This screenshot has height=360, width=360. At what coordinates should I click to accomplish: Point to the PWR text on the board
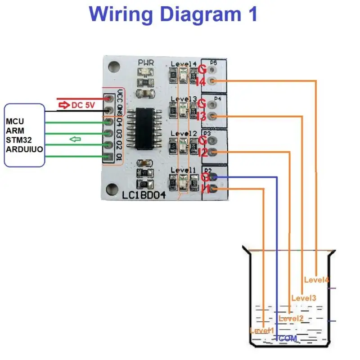(x=146, y=63)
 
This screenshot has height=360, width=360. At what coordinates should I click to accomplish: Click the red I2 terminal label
(x=202, y=153)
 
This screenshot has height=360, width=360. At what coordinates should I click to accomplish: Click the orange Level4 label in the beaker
(x=316, y=280)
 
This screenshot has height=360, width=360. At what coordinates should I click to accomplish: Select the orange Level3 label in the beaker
(x=304, y=298)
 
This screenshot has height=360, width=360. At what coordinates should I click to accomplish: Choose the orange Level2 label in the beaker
(x=291, y=319)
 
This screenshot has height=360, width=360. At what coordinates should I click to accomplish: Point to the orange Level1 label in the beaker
(x=261, y=331)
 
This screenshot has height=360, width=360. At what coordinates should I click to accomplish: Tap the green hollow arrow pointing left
(x=75, y=139)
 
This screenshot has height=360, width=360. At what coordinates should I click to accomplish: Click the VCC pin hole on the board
(x=108, y=99)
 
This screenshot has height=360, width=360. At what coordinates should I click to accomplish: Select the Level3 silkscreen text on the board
(x=184, y=99)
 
